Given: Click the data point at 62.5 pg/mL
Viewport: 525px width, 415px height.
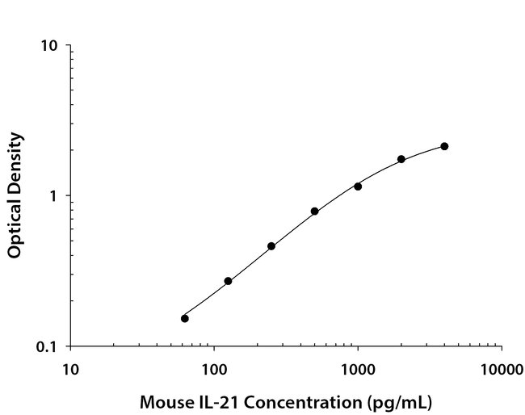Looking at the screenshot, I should click(x=185, y=318).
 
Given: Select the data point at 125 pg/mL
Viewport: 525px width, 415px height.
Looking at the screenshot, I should click(x=228, y=281).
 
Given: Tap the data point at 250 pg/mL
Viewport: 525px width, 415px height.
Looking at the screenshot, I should click(x=271, y=246).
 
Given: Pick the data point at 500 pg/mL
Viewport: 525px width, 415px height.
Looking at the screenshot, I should click(x=314, y=212).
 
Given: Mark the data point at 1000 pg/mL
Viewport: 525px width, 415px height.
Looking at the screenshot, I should click(x=358, y=187).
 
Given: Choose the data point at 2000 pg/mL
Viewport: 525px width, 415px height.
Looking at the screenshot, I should click(x=401, y=159).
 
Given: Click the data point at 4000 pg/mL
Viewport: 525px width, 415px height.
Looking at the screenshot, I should click(x=444, y=146).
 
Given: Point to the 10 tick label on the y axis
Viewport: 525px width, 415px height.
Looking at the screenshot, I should click(x=49, y=46).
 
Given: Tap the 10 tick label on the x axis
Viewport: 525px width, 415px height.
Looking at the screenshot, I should click(x=70, y=371).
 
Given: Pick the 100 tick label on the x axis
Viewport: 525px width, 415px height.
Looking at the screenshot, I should click(x=214, y=371).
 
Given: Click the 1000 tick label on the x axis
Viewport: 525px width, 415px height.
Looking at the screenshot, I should click(x=358, y=371).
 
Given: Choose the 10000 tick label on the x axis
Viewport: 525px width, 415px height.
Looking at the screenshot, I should click(x=502, y=371).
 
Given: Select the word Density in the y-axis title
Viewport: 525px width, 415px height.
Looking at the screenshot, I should click(x=14, y=161).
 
